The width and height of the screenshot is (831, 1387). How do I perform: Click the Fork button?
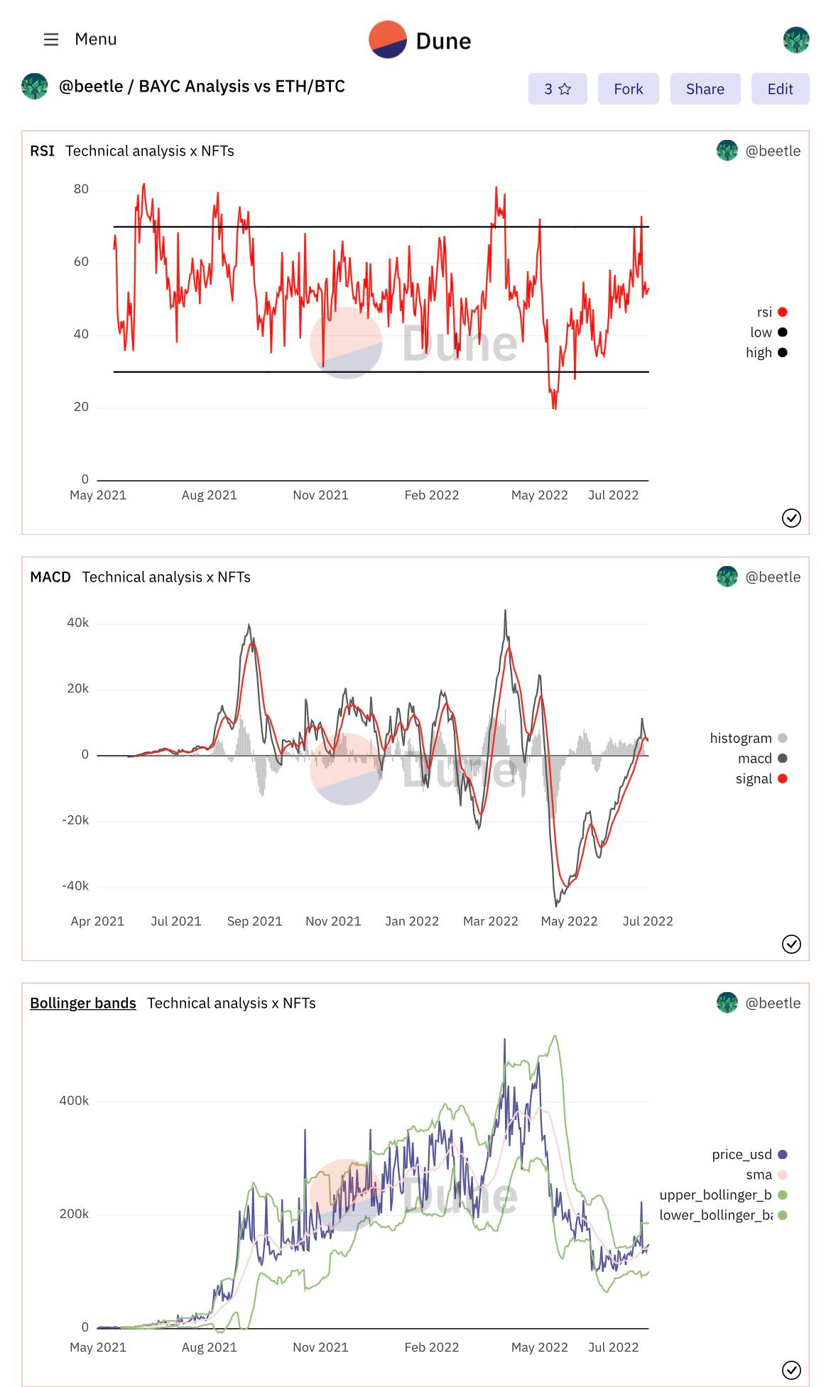point(628,89)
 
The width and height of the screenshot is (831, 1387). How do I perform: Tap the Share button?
point(705,89)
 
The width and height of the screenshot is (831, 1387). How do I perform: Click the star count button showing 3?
point(558,89)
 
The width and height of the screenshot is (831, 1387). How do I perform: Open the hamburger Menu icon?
point(51,39)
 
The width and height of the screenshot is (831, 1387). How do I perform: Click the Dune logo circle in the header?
point(388,40)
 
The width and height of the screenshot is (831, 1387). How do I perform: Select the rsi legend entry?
point(771,312)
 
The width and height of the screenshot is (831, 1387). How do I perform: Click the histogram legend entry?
point(748,738)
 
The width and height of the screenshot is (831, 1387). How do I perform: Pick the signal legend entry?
point(761,778)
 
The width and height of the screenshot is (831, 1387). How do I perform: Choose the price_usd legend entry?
point(749,1154)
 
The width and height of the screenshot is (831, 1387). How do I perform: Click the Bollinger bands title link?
point(83,1003)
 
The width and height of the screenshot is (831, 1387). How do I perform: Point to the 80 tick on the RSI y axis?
point(81,189)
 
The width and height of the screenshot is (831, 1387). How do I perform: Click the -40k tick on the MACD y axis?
point(75,886)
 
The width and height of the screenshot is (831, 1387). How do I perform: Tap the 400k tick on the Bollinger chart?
point(74,1100)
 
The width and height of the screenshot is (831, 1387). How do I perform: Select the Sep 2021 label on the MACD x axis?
point(254,921)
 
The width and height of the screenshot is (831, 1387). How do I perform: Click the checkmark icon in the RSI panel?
point(791,518)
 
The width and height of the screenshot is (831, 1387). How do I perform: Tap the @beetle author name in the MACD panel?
point(772,577)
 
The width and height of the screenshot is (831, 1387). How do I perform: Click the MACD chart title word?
point(50,577)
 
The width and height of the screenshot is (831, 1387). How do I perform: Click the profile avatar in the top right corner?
point(796,40)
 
